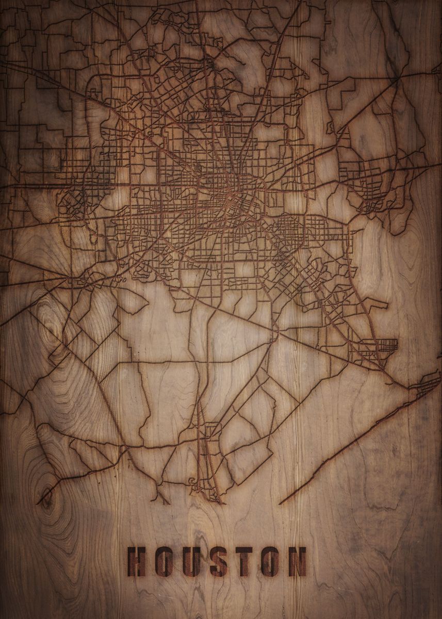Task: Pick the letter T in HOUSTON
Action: tap(244, 562)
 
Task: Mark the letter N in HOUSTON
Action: tap(297, 562)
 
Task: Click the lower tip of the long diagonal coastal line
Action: tap(281, 502)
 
